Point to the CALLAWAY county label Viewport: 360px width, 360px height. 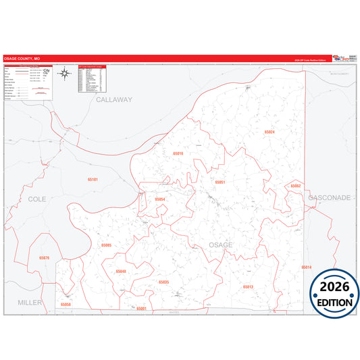coord(114,99)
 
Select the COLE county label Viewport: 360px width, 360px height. coord(37,199)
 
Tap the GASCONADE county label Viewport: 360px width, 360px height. coord(330,198)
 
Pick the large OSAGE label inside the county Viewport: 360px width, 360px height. coord(221,245)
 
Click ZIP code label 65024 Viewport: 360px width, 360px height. coord(270,132)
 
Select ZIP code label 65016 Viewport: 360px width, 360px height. coord(178,154)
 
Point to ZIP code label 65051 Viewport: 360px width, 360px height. coord(220,182)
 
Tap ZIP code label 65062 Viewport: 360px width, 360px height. coord(295,185)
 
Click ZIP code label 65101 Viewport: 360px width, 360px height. coord(93,180)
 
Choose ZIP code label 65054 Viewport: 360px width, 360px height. coord(160,199)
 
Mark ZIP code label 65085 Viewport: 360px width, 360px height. coord(106,245)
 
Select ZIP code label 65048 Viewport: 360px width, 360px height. coord(121,271)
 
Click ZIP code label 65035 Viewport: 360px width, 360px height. coord(163,282)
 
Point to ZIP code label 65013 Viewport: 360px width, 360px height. coord(247,287)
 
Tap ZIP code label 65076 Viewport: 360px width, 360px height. coord(45,258)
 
